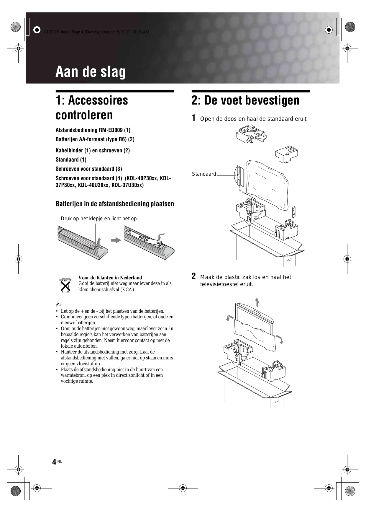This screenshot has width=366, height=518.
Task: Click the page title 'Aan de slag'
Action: pos(91,72)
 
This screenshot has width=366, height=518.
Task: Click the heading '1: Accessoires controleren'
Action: pos(92,107)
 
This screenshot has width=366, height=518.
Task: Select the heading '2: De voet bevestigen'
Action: pos(245,100)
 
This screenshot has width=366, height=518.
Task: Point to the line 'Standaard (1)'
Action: pos(71,160)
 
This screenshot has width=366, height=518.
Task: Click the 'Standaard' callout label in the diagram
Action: pos(204,174)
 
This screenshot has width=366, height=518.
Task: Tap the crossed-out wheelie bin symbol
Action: pos(65,285)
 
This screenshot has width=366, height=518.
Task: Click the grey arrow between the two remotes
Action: pos(116,240)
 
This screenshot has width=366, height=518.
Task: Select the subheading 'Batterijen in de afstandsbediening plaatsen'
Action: pos(115,204)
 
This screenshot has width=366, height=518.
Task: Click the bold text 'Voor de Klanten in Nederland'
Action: pos(110,278)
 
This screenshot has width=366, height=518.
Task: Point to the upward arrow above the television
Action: pos(257,302)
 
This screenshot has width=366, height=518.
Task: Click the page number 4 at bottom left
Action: pos(54,462)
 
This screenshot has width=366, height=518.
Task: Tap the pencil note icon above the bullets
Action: pos(58,304)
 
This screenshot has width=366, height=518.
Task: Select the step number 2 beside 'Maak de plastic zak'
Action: pos(193,276)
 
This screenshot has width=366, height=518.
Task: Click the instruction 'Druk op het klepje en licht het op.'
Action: pos(99,219)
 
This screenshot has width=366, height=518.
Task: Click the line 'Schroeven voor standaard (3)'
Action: pos(89,169)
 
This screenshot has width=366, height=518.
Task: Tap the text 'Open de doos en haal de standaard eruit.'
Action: pos(254,119)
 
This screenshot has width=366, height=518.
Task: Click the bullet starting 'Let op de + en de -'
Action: pos(112,311)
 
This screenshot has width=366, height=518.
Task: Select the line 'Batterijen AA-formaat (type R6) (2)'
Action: pos(95,139)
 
